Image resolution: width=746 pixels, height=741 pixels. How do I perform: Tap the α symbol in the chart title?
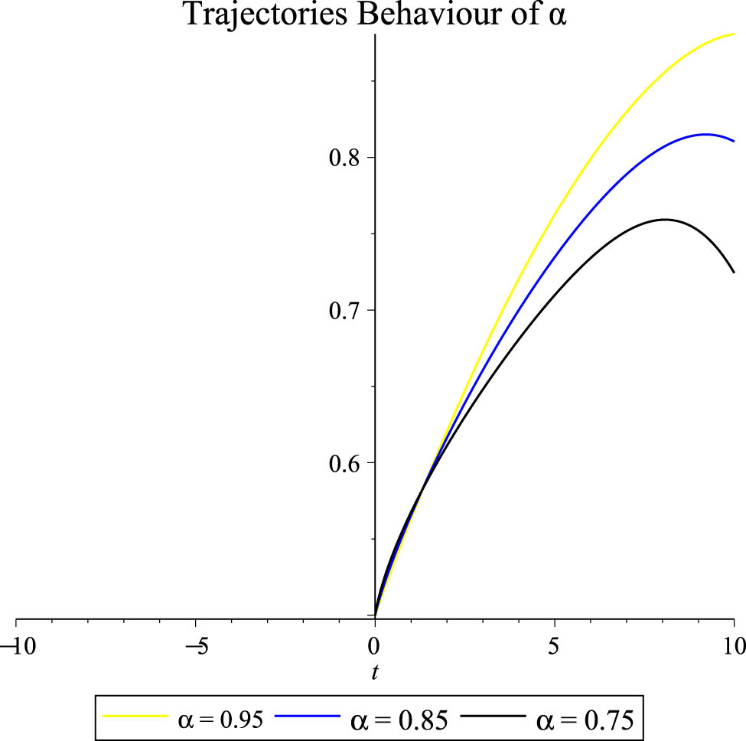[x=557, y=17]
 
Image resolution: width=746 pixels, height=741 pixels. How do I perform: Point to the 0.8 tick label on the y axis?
[x=344, y=158]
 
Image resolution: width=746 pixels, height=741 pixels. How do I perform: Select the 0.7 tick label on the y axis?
[x=344, y=311]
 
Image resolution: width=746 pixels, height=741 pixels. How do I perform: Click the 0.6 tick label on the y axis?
[x=344, y=463]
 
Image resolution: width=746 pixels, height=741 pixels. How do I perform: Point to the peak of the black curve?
[x=664, y=220]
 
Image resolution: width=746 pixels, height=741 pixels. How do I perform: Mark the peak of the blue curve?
[x=705, y=135]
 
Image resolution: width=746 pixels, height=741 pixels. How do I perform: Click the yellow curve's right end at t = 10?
[x=734, y=34]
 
